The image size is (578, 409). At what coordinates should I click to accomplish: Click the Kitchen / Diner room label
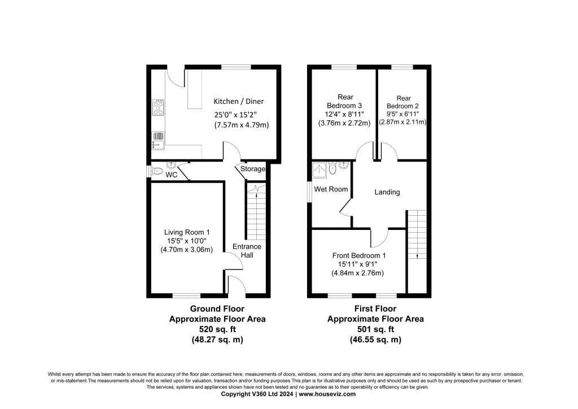238,102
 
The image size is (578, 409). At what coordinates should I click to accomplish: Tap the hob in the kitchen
158,107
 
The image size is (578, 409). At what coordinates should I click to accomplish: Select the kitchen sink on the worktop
158,139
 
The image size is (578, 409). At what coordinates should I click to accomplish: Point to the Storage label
253,169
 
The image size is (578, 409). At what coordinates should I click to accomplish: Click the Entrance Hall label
247,251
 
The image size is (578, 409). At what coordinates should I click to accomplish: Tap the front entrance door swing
236,285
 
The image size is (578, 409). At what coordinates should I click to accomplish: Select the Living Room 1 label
187,232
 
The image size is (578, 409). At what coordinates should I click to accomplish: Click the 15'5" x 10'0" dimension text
187,241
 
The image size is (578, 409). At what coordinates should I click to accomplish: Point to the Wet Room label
331,189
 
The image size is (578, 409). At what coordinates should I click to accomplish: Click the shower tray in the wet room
319,168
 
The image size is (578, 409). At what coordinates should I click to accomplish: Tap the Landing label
387,192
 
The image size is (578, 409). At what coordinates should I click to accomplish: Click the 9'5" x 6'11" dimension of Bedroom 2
404,114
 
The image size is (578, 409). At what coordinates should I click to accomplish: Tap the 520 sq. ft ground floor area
217,329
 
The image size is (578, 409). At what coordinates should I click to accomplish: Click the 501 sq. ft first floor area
375,329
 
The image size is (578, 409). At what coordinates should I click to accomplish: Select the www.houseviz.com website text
327,394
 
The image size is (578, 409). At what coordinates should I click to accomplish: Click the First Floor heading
375,309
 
